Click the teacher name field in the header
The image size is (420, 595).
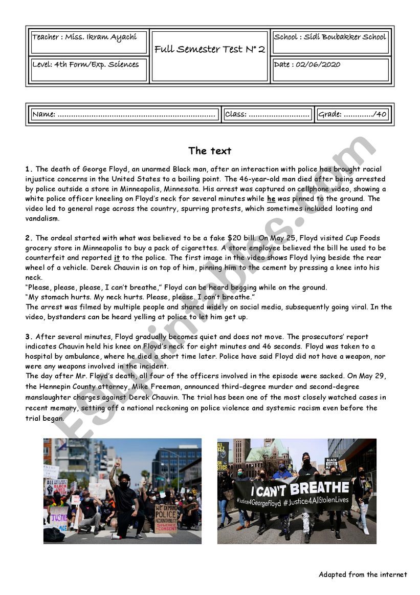pyautogui.click(x=84, y=37)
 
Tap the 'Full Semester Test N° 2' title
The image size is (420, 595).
pyautogui.click(x=210, y=49)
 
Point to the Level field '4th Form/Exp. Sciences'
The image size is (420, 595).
pyautogui.click(x=85, y=65)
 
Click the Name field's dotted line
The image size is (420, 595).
pyautogui.click(x=136, y=115)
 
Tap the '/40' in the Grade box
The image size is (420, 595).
pyautogui.click(x=380, y=114)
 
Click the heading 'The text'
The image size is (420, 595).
pyautogui.click(x=210, y=151)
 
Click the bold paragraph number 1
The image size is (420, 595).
pyautogui.click(x=29, y=169)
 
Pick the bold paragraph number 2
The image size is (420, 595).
pyautogui.click(x=29, y=238)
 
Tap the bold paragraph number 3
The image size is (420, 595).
pyautogui.click(x=29, y=337)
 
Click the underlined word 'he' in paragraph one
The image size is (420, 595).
pyautogui.click(x=271, y=199)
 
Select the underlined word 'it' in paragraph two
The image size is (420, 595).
pyautogui.click(x=117, y=258)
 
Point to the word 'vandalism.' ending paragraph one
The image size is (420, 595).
pyautogui.click(x=42, y=218)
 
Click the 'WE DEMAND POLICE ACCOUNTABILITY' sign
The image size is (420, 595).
pyautogui.click(x=166, y=518)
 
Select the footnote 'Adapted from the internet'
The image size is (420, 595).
pyautogui.click(x=363, y=575)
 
